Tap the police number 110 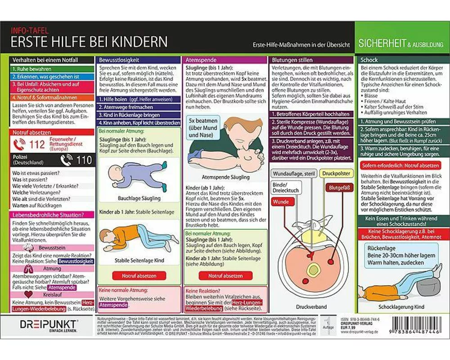tap(84, 160)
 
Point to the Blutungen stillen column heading tap(293, 59)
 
